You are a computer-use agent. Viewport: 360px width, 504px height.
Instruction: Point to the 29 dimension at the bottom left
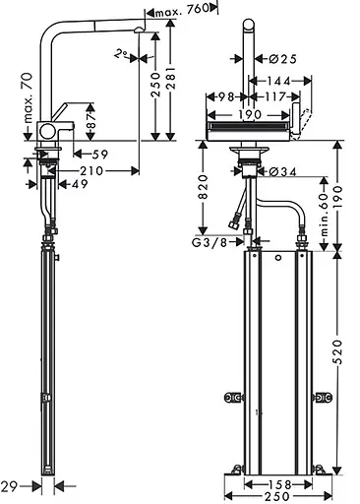click(11, 484)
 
